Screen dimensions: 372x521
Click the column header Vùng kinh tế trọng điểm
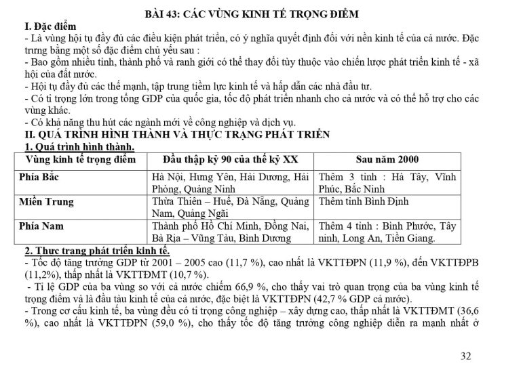(x=80, y=159)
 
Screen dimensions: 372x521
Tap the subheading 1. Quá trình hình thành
(x=79, y=146)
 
